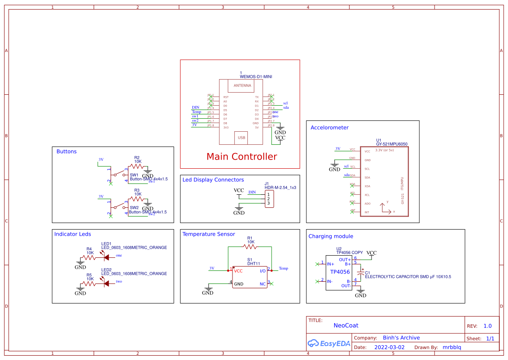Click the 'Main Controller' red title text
(x=242, y=157)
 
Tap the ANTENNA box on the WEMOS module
(x=242, y=86)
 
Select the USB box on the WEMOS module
(x=242, y=138)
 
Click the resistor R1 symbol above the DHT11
(x=250, y=247)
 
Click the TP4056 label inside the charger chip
(x=340, y=272)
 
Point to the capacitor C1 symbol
(x=360, y=275)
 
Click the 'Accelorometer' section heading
(x=329, y=128)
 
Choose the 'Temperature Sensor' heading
(x=209, y=234)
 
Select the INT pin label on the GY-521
(x=367, y=212)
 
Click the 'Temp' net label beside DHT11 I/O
(x=283, y=269)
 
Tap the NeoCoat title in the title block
(x=346, y=325)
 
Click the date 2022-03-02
(x=389, y=347)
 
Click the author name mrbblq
(x=455, y=347)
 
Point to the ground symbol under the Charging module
(x=360, y=294)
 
